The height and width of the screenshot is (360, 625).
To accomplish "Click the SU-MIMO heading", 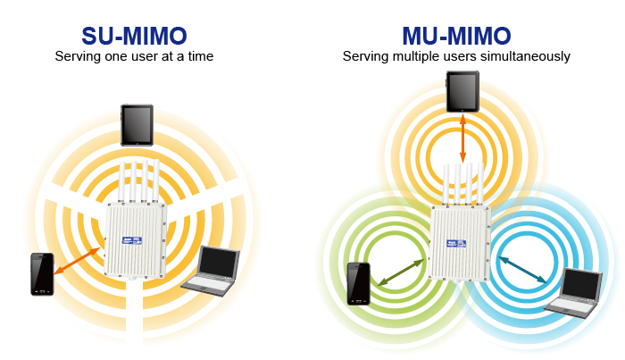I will (134, 36).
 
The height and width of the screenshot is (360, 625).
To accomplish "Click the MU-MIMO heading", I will (457, 36).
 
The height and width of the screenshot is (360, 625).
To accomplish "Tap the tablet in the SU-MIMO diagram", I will (138, 125).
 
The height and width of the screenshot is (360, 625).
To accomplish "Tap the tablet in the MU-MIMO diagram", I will (462, 93).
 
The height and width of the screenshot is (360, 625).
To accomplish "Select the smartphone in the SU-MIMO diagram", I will (42, 274).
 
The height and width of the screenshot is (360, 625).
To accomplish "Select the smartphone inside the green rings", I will (359, 283).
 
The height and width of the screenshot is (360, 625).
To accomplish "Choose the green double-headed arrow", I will (400, 272).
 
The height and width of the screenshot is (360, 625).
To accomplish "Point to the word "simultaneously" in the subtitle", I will (528, 56).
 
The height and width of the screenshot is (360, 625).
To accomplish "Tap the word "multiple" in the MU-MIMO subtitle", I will (406, 56).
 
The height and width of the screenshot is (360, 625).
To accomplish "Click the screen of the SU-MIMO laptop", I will (218, 262).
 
